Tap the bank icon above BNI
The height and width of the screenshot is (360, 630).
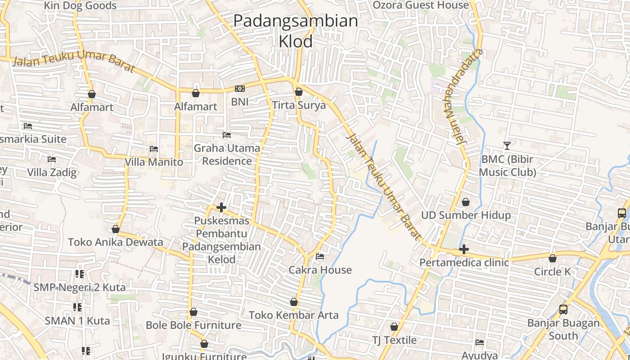pyautogui.click(x=240, y=89)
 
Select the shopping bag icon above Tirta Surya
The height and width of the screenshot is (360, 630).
pyautogui.click(x=298, y=92)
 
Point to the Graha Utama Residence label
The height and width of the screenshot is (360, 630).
pyautogui.click(x=227, y=154)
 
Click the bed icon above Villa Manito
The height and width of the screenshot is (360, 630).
pyautogui.click(x=154, y=149)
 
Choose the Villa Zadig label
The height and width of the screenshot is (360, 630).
pyautogui.click(x=52, y=172)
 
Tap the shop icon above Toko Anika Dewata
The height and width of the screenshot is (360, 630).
pyautogui.click(x=116, y=229)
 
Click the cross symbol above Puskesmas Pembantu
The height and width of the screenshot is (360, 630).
pyautogui.click(x=221, y=207)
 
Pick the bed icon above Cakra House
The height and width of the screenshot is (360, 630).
pyautogui.click(x=320, y=256)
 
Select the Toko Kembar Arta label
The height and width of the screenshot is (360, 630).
pyautogui.click(x=294, y=315)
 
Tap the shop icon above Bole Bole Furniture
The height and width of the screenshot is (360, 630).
pyautogui.click(x=193, y=312)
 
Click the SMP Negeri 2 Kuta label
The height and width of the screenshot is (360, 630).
pyautogui.click(x=80, y=287)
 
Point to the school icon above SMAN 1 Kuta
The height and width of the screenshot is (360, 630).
pyautogui.click(x=77, y=307)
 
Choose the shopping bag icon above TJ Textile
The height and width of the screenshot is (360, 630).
pyautogui.click(x=394, y=327)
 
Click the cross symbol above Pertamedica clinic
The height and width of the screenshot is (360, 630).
pyautogui.click(x=464, y=249)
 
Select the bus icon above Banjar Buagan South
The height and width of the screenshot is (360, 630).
pyautogui.click(x=563, y=310)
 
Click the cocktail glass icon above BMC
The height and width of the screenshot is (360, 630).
pyautogui.click(x=507, y=146)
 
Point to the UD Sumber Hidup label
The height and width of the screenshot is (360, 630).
pyautogui.click(x=466, y=215)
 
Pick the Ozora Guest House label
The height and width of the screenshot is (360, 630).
pyautogui.click(x=421, y=5)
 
